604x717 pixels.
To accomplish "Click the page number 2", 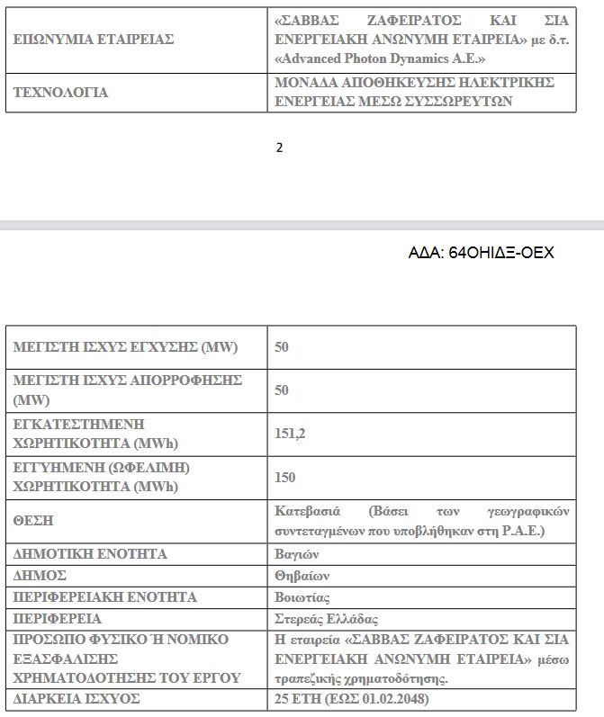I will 279,148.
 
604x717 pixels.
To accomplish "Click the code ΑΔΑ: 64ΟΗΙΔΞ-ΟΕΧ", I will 481,254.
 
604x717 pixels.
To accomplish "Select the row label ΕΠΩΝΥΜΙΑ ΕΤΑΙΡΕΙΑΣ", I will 93,40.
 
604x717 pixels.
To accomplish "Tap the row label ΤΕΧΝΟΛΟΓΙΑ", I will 60,93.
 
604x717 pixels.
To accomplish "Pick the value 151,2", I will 290,434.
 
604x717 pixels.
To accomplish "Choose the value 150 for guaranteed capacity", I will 284,478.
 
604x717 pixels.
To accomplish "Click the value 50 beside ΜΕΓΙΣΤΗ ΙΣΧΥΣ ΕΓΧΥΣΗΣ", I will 281,347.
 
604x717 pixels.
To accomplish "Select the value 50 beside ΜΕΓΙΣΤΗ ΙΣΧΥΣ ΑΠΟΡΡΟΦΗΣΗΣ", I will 281,390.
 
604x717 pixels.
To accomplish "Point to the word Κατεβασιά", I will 308,511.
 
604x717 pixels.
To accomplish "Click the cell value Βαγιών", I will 297,554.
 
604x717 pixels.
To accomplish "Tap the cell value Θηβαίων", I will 302,576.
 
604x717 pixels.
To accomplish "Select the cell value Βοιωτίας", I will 302,597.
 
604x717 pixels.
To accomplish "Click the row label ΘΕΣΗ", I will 32,521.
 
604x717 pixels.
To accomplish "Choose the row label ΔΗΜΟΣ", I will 40,576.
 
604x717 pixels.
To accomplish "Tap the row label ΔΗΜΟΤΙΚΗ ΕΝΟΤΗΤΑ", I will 90,554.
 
